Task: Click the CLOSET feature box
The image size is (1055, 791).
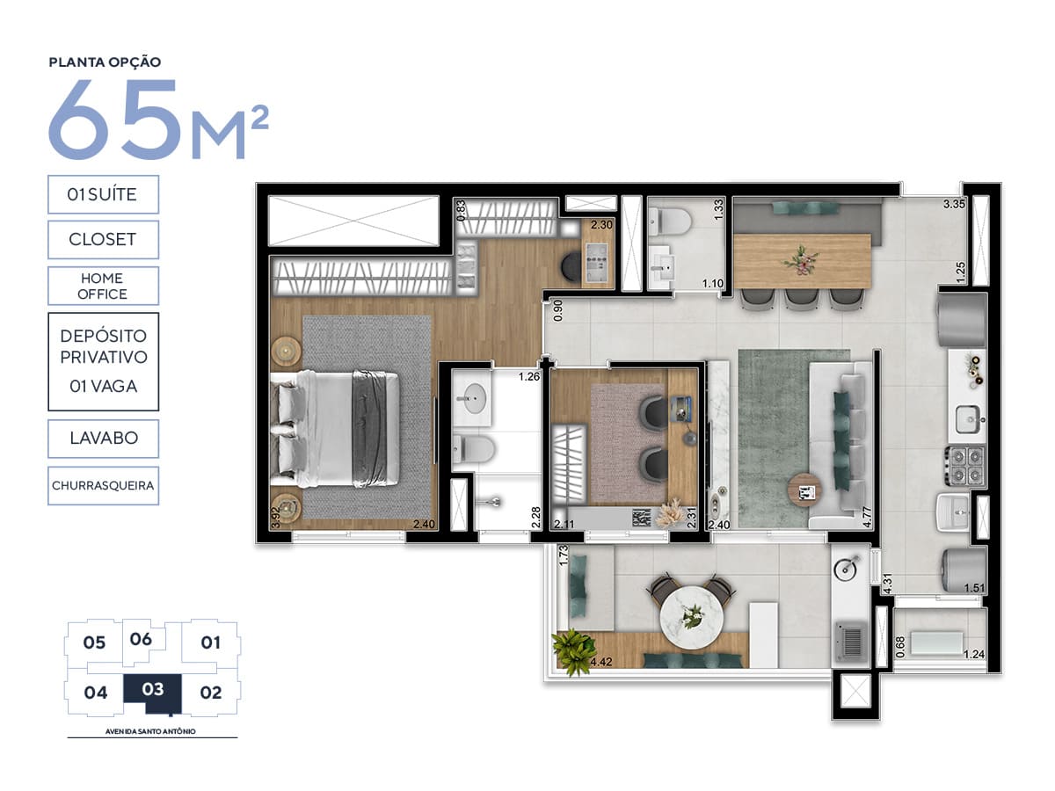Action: point(104,239)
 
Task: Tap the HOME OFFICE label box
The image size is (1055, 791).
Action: point(104,286)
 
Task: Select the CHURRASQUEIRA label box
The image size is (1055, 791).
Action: point(104,485)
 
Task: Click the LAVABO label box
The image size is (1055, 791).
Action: point(104,439)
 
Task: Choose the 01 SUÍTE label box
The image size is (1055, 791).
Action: point(104,194)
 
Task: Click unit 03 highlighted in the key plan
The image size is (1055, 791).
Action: point(153,691)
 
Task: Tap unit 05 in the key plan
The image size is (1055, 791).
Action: point(94,642)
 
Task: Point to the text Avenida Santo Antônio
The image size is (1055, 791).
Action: point(150,731)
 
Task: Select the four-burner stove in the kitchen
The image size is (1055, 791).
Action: point(966,465)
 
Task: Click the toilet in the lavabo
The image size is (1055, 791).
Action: point(670,221)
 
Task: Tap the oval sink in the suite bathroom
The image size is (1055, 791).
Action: point(475,398)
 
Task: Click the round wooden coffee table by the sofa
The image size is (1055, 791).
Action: point(804,490)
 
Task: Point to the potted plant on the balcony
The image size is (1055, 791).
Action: point(572,651)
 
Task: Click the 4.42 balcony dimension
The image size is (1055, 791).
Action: point(600,662)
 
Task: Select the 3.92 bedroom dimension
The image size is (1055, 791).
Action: point(275,518)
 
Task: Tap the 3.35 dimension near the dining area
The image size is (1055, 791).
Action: point(954,204)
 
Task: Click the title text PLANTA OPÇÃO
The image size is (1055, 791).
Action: point(105,62)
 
